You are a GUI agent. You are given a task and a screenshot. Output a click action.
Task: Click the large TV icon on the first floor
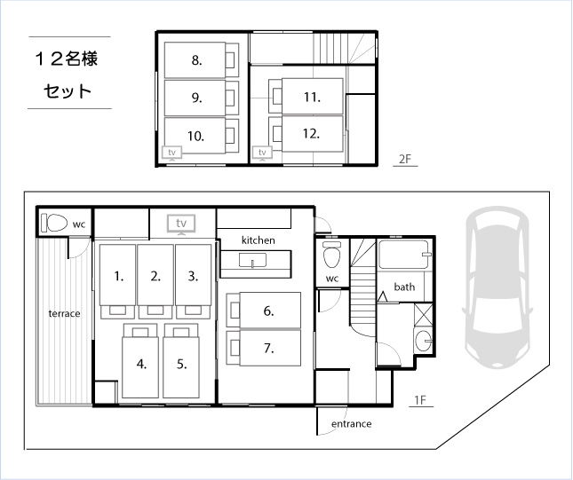point(181,224)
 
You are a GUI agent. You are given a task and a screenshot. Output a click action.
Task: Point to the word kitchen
point(259,240)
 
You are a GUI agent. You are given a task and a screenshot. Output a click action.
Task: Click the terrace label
point(64,313)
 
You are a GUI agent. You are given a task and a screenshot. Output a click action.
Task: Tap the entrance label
point(352,424)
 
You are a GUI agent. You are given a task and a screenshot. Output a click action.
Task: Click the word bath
point(404,287)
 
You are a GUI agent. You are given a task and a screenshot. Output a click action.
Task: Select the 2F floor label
point(405,159)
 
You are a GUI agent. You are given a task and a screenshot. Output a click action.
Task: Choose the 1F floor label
point(420,400)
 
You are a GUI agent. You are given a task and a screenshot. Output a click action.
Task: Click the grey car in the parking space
point(497,287)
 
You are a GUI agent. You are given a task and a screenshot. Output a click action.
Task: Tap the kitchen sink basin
point(252,260)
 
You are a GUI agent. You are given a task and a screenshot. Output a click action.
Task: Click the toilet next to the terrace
point(54,223)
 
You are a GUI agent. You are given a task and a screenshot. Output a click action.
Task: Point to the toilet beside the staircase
point(332,255)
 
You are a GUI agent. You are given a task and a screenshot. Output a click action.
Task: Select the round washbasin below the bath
point(424,341)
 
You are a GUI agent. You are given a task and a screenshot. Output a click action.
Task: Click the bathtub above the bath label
point(405,255)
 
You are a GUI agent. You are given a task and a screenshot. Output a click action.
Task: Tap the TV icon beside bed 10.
point(171,153)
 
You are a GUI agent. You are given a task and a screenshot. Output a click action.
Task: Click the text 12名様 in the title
point(67,59)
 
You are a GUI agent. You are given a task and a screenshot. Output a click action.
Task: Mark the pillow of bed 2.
point(155,311)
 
